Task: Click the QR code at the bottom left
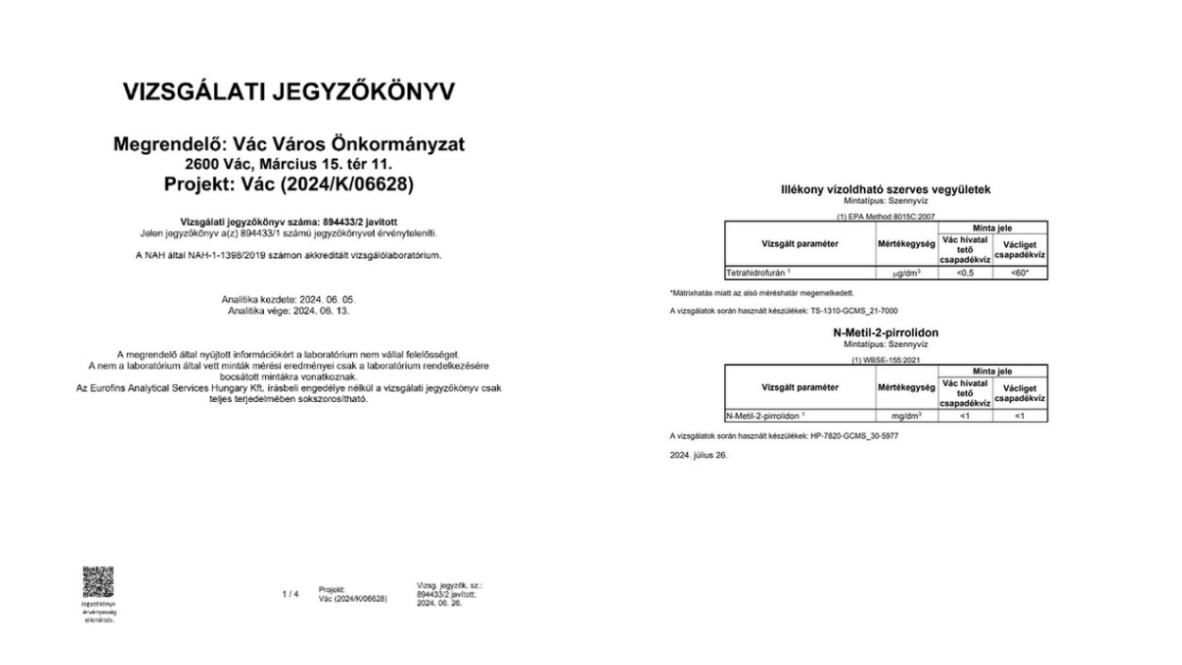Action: [x=97, y=582]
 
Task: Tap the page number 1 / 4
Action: [x=291, y=594]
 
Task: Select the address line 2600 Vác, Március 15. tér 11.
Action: [x=290, y=165]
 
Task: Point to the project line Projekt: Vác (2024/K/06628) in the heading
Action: [x=290, y=184]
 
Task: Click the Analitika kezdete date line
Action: [x=290, y=299]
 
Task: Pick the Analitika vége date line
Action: [x=290, y=309]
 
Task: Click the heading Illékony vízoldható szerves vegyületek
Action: [x=885, y=189]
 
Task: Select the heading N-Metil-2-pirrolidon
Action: [x=885, y=333]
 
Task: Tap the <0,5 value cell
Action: [x=964, y=272]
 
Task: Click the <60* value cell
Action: [x=1020, y=272]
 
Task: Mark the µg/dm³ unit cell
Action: [x=907, y=272]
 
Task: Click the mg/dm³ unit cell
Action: [x=907, y=416]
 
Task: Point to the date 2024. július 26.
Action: [x=698, y=455]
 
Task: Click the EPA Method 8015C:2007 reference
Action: [x=885, y=216]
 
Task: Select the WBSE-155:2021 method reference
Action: [x=885, y=359]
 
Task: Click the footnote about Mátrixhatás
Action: [x=762, y=292]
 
